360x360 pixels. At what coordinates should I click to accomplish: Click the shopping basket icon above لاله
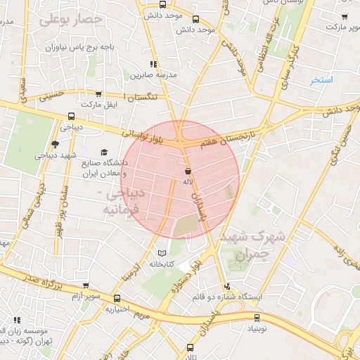coord(188,171)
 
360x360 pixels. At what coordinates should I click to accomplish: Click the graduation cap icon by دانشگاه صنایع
coord(105,153)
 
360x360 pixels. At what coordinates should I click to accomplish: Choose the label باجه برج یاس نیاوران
coord(78,47)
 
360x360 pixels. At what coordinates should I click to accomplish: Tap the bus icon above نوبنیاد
coord(257,317)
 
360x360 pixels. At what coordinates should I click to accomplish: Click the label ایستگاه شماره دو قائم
coord(227,297)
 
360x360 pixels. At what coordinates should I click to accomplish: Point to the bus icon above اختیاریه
coord(117,298)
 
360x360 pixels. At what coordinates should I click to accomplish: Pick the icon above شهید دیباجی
coord(55,143)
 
